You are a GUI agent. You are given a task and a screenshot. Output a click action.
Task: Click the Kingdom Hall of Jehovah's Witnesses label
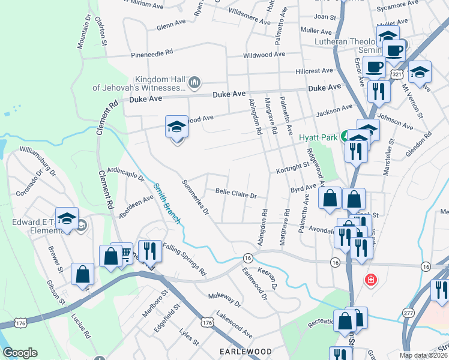tap(138, 83)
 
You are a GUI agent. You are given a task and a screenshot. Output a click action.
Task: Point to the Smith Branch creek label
tap(167, 203)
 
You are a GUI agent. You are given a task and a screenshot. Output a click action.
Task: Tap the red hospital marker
tap(371, 280)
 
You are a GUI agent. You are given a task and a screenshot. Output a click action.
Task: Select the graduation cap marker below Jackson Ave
tap(176, 127)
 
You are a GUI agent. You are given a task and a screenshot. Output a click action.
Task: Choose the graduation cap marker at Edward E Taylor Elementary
tap(67, 218)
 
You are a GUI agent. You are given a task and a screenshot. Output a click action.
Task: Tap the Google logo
tap(20, 353)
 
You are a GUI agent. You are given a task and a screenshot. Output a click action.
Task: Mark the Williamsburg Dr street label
tap(37, 161)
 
